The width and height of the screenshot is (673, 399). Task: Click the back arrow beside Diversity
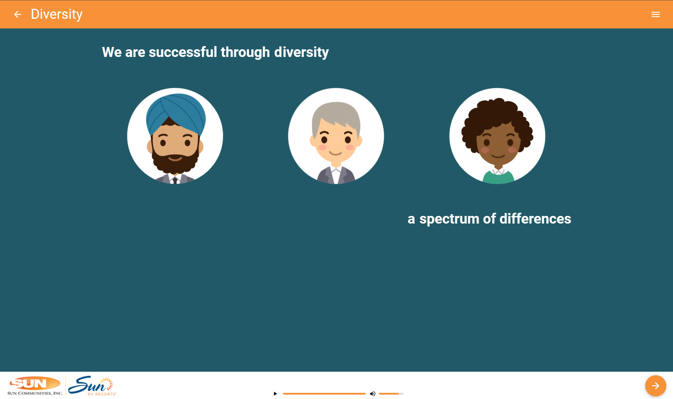pyautogui.click(x=18, y=14)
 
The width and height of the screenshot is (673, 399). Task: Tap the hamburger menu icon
pyautogui.click(x=655, y=14)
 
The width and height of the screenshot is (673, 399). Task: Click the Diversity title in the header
pyautogui.click(x=57, y=14)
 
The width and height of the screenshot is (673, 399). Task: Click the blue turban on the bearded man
pyautogui.click(x=176, y=111)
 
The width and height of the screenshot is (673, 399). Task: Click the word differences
pyautogui.click(x=535, y=219)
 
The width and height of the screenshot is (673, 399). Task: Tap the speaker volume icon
pyautogui.click(x=372, y=394)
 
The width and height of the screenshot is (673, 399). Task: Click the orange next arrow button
pyautogui.click(x=655, y=386)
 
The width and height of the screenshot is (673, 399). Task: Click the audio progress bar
pyautogui.click(x=324, y=394)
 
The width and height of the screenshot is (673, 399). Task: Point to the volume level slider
pyautogui.click(x=391, y=394)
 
